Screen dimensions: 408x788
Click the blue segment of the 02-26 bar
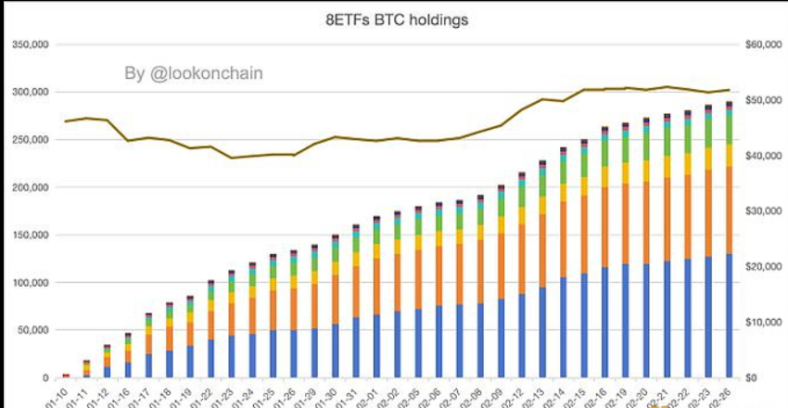(730, 315)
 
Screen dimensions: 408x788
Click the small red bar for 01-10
(66, 376)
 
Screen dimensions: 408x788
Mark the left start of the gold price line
(66, 121)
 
